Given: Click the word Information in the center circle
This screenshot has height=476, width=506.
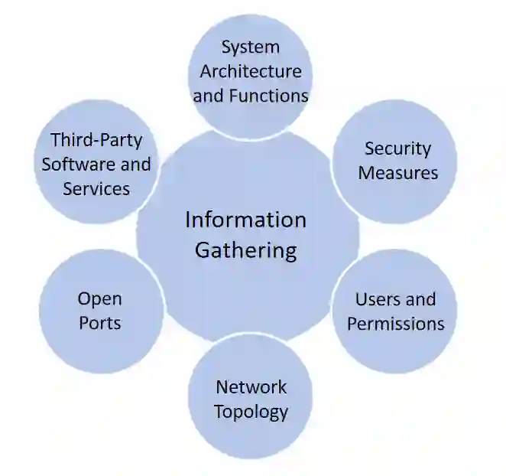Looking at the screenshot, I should click(x=245, y=220).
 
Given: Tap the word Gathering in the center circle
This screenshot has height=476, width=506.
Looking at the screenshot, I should click(x=245, y=249).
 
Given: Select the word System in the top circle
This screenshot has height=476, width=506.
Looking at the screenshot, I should click(x=250, y=47).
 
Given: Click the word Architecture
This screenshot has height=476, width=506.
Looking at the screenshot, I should click(x=250, y=72).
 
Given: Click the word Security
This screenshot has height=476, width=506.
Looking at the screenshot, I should click(x=397, y=148).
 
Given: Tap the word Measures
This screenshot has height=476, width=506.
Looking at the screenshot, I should click(x=397, y=173).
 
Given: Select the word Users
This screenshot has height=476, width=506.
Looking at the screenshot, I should click(x=374, y=299).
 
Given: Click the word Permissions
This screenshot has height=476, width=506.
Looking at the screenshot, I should click(x=395, y=324).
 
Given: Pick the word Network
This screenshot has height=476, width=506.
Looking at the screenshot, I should click(x=251, y=386).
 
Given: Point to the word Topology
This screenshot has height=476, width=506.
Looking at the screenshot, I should click(x=251, y=411).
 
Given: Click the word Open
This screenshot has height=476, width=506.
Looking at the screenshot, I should click(x=99, y=298).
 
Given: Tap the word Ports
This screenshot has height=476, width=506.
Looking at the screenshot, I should click(x=99, y=323).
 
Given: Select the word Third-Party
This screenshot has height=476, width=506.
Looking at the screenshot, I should click(x=96, y=140).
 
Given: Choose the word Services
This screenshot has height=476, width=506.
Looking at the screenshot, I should click(x=96, y=188).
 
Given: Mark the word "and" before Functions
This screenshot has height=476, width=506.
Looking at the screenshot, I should click(x=208, y=96).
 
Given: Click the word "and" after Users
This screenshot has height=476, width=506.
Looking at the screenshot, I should click(x=420, y=299).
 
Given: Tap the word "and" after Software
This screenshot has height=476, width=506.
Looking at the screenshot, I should click(x=135, y=165).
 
